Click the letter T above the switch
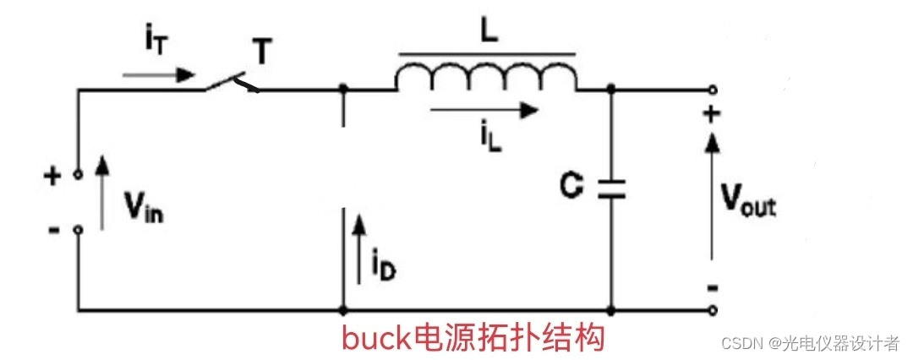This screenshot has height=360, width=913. (263, 53)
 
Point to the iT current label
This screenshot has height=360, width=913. (157, 41)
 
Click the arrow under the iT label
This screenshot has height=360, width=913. (157, 74)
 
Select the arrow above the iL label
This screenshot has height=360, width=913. (484, 109)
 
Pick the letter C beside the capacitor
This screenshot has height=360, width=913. (571, 188)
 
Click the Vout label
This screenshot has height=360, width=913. (748, 201)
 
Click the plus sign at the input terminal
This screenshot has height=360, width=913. (52, 177)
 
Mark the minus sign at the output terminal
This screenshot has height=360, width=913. (712, 288)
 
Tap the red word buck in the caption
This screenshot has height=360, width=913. (374, 338)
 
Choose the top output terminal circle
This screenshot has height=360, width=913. (713, 89)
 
